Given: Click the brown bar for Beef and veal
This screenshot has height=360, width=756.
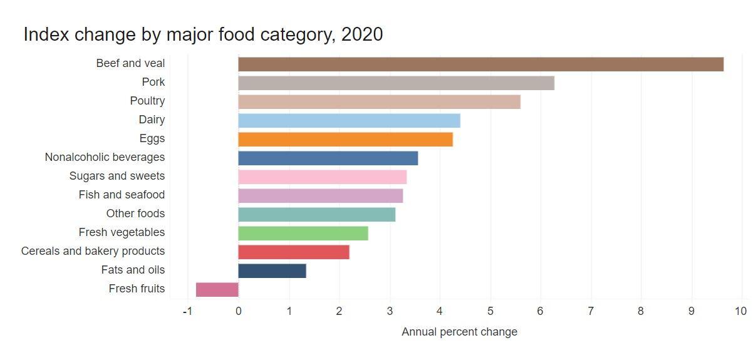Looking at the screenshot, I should click(480, 64).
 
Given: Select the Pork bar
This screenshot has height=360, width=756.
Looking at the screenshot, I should click(396, 83).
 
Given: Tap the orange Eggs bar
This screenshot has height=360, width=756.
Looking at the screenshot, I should click(345, 139).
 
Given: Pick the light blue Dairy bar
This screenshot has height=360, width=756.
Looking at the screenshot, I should click(349, 120).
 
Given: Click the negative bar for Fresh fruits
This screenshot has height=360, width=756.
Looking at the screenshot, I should click(217, 289).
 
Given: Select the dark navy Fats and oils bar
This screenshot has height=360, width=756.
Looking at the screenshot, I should click(272, 270).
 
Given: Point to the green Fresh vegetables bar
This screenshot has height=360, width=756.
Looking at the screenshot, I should click(303, 233).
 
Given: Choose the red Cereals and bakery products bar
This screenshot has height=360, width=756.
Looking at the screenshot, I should click(294, 252).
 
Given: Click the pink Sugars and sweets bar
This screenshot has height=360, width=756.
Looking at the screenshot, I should click(323, 177).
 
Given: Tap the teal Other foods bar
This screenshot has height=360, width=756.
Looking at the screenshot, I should click(317, 214).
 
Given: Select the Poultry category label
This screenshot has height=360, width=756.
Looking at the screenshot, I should click(147, 101).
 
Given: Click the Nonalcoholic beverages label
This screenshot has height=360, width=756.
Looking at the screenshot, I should click(105, 157).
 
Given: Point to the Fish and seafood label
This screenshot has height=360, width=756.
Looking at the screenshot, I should click(122, 195).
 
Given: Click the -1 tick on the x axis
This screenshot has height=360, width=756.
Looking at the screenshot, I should click(187, 311).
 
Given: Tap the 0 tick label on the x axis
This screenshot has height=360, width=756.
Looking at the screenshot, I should click(239, 311).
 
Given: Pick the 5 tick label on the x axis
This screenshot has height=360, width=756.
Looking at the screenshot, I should click(490, 311).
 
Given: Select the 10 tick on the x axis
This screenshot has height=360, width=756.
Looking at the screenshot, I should click(742, 311).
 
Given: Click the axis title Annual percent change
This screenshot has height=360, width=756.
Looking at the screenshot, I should click(459, 332).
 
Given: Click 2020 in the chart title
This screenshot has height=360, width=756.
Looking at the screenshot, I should click(362, 34).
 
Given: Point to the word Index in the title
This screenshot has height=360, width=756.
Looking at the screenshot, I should click(46, 34).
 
